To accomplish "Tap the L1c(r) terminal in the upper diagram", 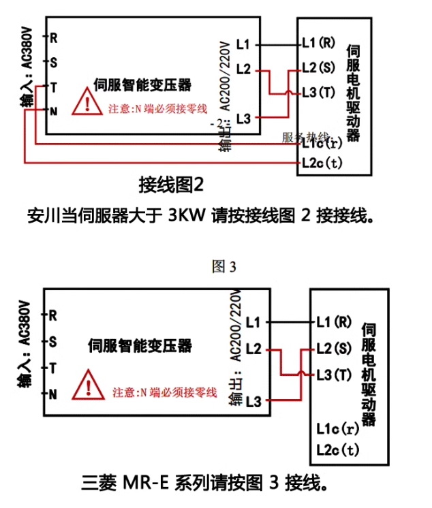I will (x=321, y=143).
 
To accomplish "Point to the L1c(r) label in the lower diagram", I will (x=337, y=428).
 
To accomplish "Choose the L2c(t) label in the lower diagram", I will (x=337, y=449).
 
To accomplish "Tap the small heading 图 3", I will (x=224, y=266).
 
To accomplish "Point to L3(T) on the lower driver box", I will (x=334, y=375).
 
